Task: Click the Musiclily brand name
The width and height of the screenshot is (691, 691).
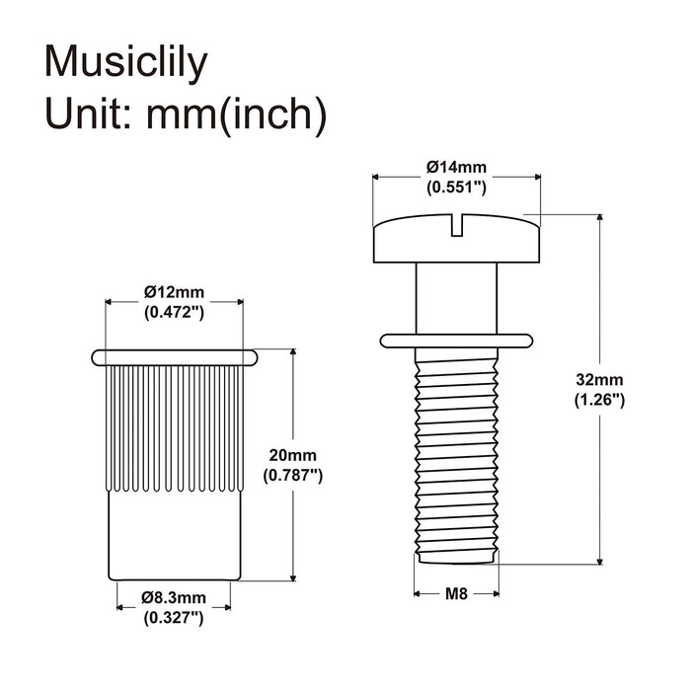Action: coord(127,63)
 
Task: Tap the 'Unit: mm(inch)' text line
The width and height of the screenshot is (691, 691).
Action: coord(186,115)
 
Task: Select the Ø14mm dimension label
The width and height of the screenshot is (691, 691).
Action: coord(455,168)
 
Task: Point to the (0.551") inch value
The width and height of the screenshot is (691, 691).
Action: coord(455,187)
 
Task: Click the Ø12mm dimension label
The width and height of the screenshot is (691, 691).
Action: coord(174,292)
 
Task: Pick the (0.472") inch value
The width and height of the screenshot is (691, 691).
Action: coord(174,312)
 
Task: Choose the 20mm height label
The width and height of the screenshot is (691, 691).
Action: coord(292,455)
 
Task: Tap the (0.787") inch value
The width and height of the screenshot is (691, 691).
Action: coord(292,475)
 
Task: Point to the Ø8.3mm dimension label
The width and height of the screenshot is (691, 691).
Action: coord(174,597)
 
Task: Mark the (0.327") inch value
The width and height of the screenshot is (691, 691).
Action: coord(174,618)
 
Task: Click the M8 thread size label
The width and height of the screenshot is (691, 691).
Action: coord(455,593)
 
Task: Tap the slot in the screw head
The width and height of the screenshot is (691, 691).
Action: coord(455,227)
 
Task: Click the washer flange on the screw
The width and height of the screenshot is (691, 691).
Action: coord(455,341)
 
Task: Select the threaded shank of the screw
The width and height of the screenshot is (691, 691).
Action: coord(455,454)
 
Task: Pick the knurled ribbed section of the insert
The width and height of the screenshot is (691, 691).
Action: coord(174,424)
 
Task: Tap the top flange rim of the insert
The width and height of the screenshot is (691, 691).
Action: coord(174,354)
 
